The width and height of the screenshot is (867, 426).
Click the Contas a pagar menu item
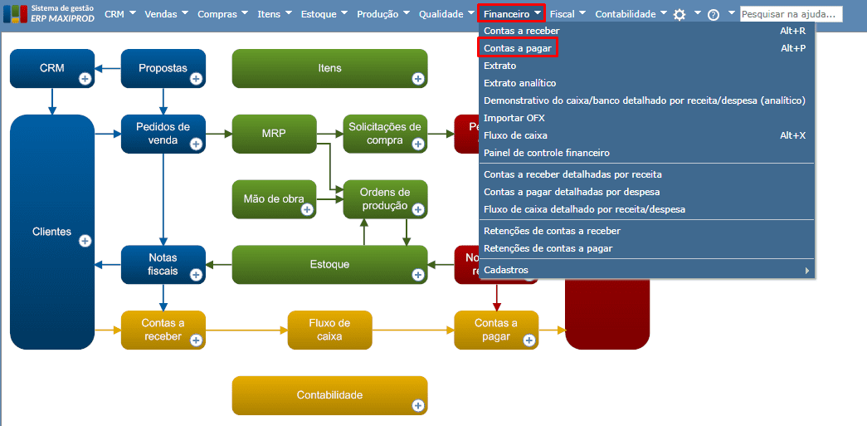click(519, 48)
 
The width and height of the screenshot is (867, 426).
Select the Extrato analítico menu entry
click(520, 83)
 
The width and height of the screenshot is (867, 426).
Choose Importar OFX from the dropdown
click(514, 118)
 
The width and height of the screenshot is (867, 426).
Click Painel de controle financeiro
click(547, 153)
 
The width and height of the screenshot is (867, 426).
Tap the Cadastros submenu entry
click(506, 270)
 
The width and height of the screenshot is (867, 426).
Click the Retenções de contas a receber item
click(552, 231)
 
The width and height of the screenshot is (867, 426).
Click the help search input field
click(791, 14)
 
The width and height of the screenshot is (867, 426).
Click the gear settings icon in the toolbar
click(679, 14)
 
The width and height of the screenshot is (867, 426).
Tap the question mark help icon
click(714, 14)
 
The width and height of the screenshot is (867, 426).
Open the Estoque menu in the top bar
click(318, 13)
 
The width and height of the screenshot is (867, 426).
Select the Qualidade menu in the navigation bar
click(441, 13)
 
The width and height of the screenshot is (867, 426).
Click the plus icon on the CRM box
click(85, 79)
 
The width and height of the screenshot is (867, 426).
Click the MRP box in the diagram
click(273, 133)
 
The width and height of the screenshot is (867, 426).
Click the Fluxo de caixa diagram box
click(329, 330)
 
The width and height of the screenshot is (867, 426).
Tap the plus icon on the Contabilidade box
click(417, 405)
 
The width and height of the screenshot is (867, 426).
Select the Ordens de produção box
click(384, 199)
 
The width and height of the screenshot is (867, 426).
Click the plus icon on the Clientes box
click(85, 241)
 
